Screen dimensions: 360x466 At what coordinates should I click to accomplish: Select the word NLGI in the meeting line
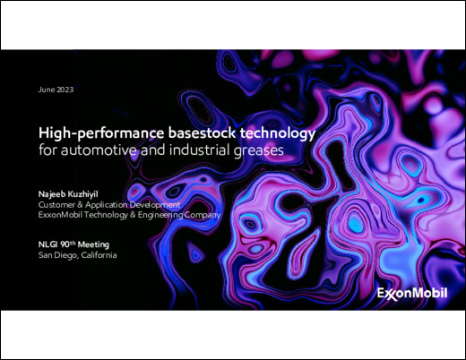pyautogui.click(x=49, y=244)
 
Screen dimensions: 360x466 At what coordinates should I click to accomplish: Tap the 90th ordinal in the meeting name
pyautogui.click(x=72, y=243)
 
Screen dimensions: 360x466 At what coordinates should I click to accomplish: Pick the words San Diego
pyautogui.click(x=59, y=254)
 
